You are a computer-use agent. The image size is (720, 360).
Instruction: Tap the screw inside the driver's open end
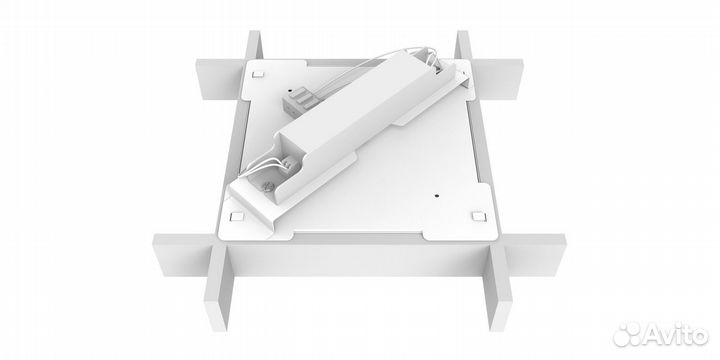click(x=268, y=186)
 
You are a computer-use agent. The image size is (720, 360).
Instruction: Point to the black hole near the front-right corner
click(x=436, y=195)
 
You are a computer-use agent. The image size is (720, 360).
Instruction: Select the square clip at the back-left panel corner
click(x=258, y=73)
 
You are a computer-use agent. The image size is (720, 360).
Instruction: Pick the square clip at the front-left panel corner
click(x=237, y=217)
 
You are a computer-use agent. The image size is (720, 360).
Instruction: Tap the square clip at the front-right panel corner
click(x=479, y=216)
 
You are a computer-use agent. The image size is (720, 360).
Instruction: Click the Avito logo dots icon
click(x=627, y=334)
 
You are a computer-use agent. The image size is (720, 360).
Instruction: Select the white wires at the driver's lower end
click(x=262, y=165)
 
